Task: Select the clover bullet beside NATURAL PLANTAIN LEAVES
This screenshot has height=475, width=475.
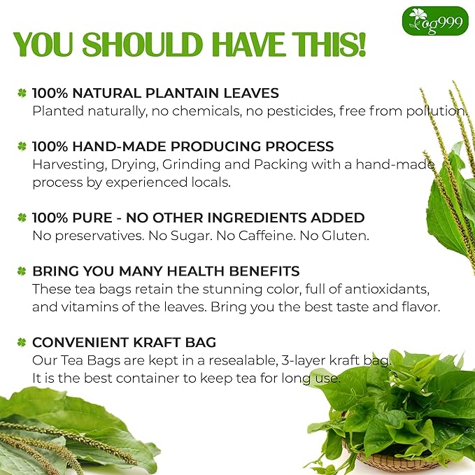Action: click(22, 92)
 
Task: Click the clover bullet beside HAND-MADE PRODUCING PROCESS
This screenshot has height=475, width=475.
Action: click(22, 147)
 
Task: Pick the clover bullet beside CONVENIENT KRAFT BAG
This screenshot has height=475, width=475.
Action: click(22, 342)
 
